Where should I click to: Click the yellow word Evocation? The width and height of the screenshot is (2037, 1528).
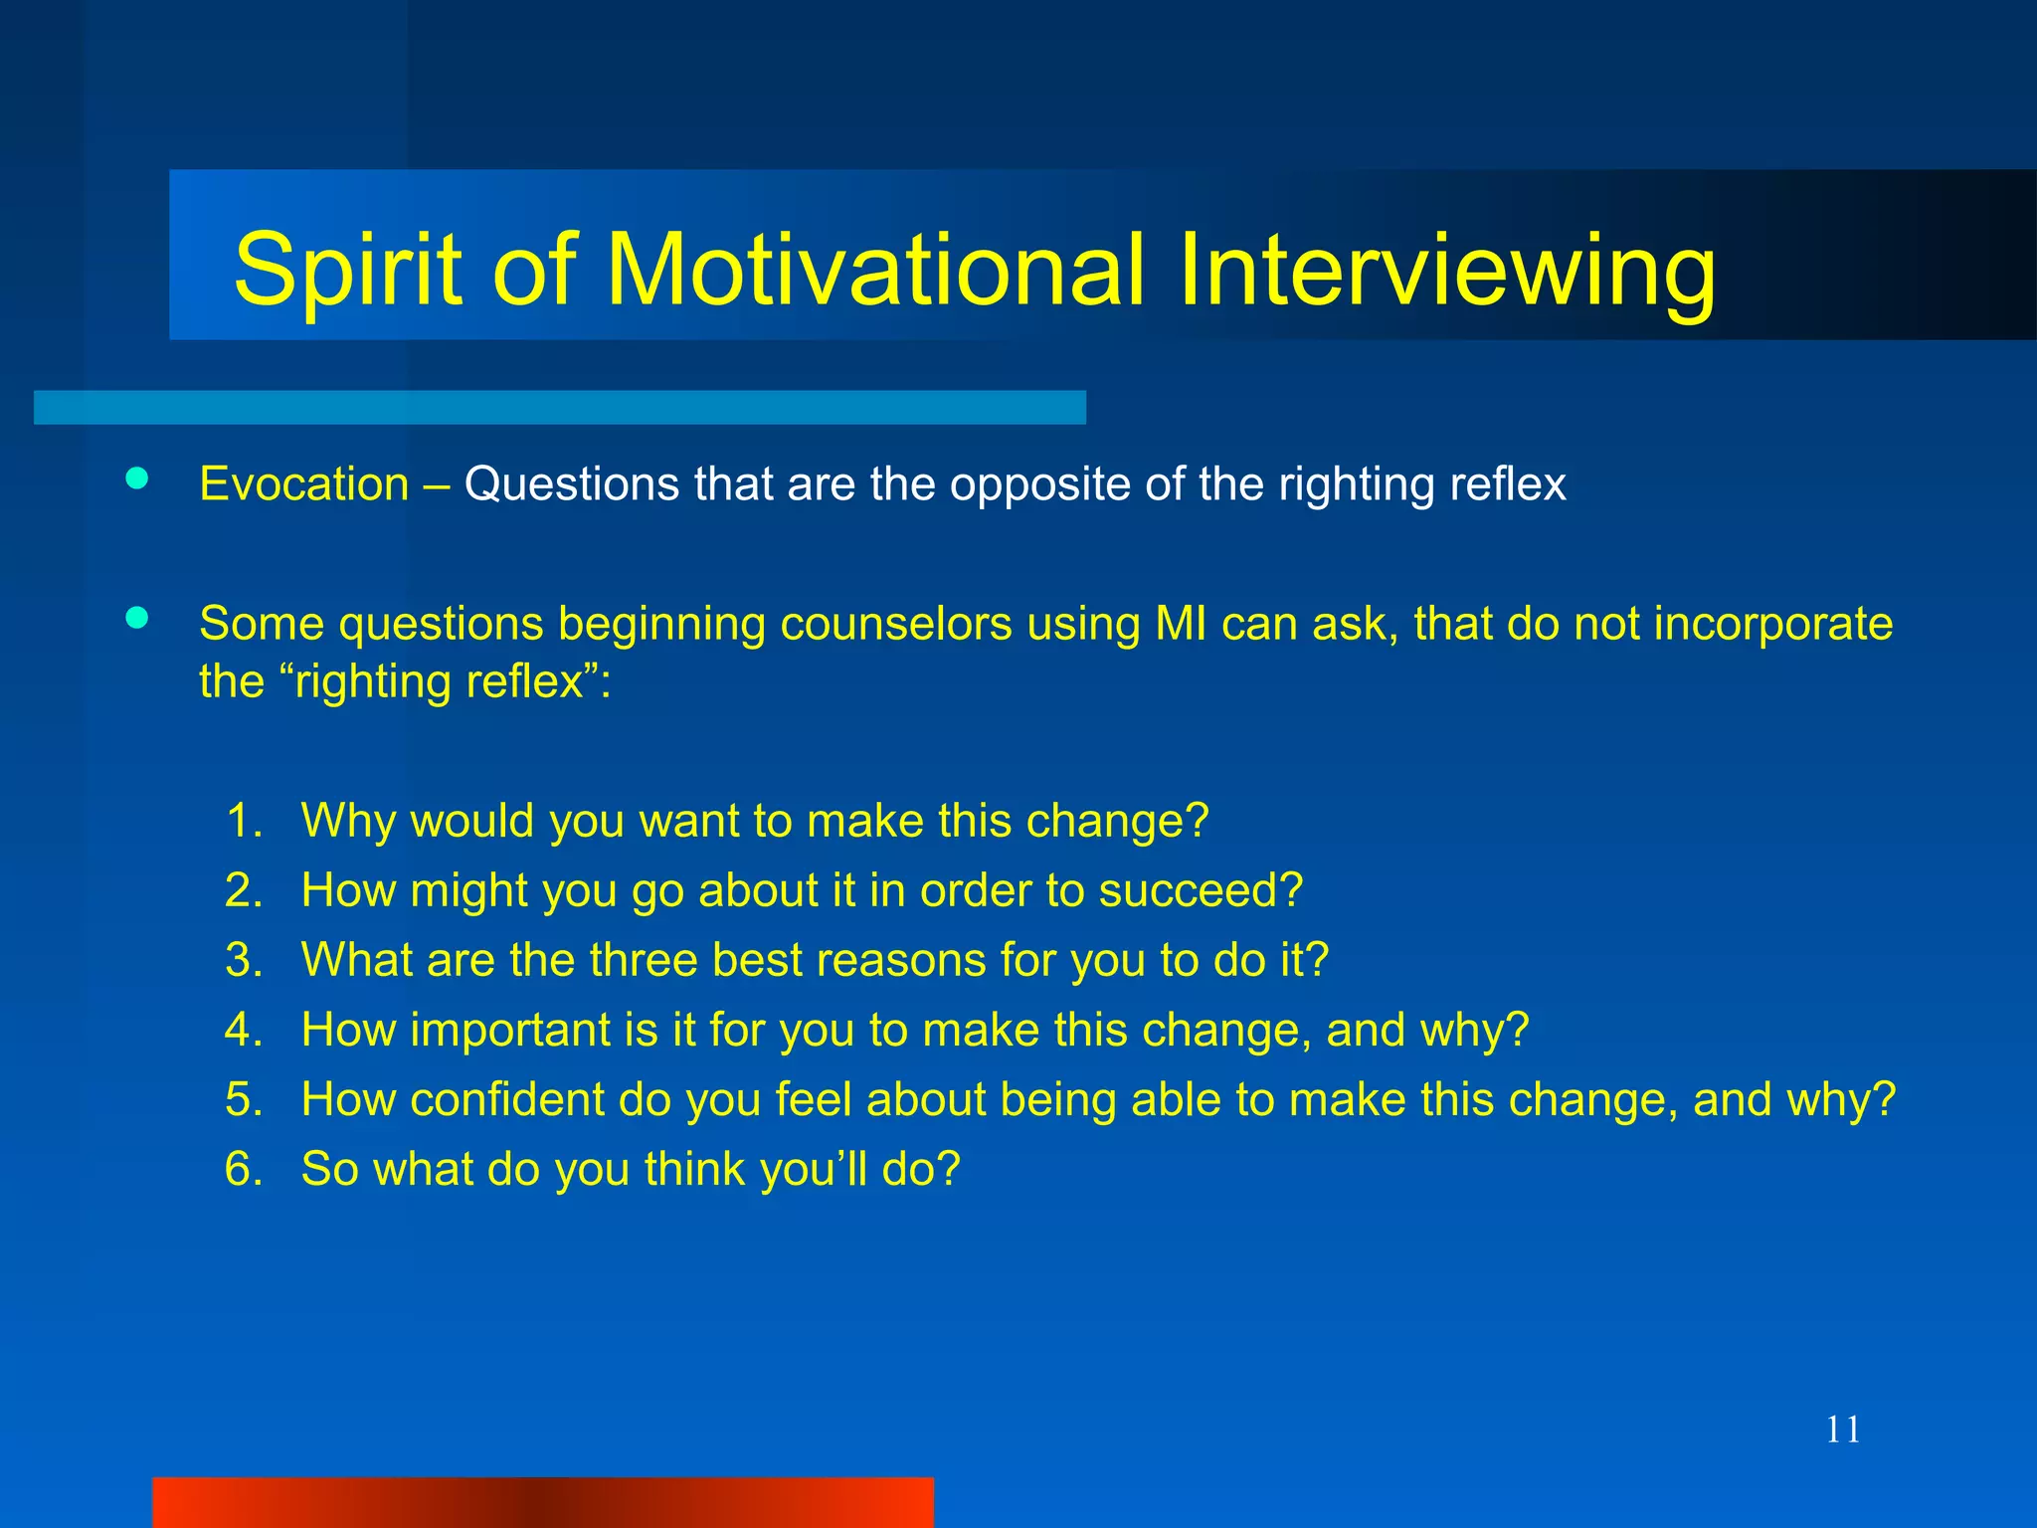coord(304,484)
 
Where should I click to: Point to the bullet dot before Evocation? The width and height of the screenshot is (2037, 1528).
coord(137,479)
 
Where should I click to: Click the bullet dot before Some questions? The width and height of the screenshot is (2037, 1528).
coord(137,619)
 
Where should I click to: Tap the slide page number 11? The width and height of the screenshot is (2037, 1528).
coord(1843,1430)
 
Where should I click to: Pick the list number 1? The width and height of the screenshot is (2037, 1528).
coord(244,821)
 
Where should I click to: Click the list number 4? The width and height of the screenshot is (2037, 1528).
coord(244,1030)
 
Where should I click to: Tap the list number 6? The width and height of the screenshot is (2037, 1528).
coord(244,1169)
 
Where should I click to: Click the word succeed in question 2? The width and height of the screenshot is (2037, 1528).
coord(1200,890)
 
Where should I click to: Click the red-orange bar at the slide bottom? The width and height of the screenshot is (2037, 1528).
coord(542,1502)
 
